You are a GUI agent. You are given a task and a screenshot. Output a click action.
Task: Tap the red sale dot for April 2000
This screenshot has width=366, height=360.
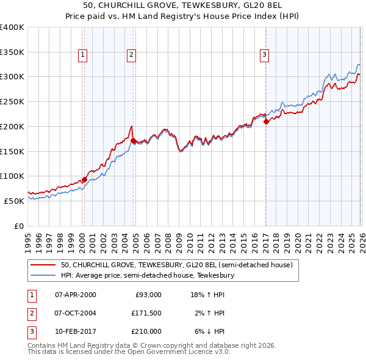84,179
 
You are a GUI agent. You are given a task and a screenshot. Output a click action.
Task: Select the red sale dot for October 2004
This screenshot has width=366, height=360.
133,140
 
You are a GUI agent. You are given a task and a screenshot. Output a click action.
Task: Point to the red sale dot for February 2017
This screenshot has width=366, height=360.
266,121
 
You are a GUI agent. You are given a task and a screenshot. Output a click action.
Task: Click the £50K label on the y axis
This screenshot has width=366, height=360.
15,200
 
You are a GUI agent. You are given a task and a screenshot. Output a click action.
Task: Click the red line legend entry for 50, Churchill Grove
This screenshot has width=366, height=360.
177,265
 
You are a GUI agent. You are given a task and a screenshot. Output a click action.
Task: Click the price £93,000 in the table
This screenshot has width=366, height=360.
146,294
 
